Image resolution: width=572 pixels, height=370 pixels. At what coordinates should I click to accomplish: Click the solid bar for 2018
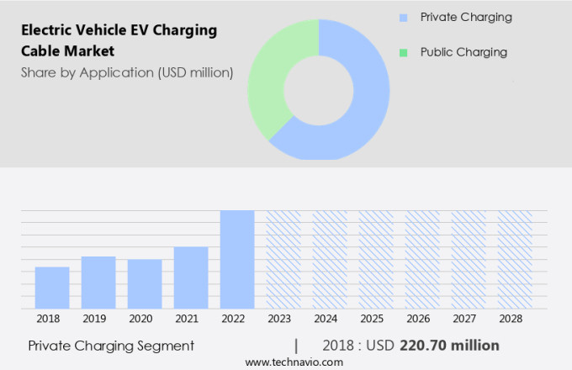[x=52, y=288]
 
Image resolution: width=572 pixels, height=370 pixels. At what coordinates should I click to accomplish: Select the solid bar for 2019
[x=98, y=283]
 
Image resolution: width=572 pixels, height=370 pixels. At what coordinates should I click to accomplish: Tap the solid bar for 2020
[x=145, y=284]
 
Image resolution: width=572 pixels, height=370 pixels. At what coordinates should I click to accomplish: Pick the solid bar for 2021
[x=191, y=277]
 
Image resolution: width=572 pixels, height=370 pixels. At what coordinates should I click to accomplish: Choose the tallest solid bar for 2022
[x=237, y=259]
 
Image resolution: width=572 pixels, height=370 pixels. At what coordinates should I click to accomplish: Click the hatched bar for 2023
[x=283, y=259]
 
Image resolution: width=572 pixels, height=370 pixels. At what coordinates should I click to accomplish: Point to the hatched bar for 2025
[x=376, y=259]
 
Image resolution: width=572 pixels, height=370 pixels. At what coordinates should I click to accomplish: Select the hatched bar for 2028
[x=515, y=259]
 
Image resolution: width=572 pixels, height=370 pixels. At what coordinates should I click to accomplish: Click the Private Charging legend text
[x=466, y=17]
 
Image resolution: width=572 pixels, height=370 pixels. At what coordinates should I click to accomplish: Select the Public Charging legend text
[x=463, y=52]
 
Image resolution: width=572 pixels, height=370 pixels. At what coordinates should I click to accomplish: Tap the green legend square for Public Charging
[x=404, y=53]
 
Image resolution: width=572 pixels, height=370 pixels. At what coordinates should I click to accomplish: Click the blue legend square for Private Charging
[x=404, y=18]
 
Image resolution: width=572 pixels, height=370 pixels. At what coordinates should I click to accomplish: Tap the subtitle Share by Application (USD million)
[x=126, y=72]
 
